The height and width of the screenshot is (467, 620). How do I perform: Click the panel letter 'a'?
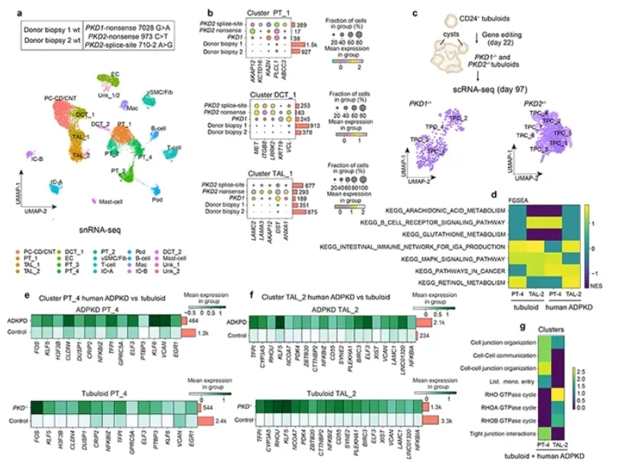click(x=6, y=10)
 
